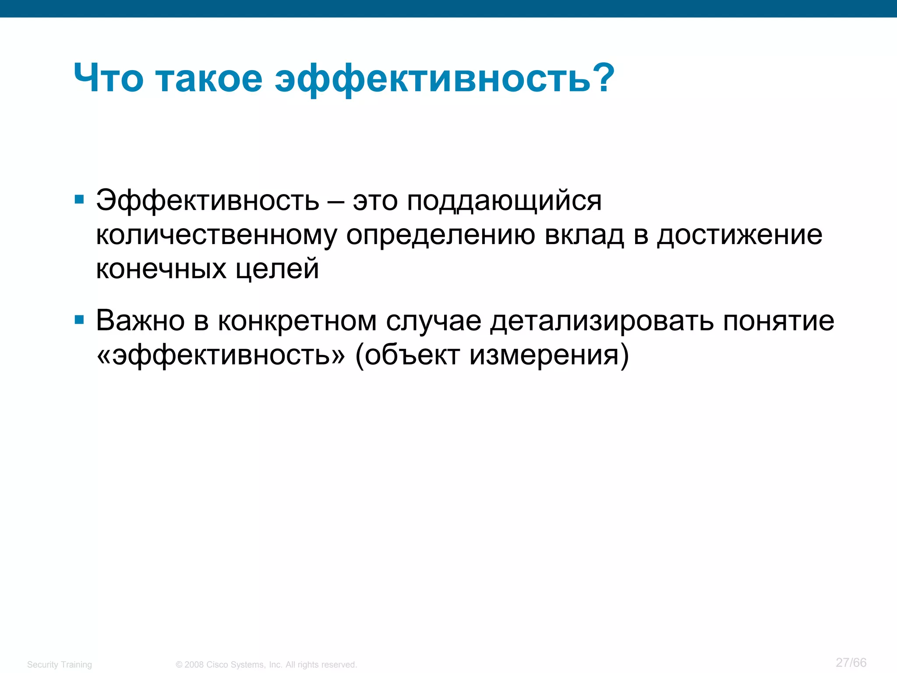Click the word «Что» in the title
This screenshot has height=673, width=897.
point(108,79)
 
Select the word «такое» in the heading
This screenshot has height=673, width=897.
point(209,79)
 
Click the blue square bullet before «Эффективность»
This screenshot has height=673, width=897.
point(79,200)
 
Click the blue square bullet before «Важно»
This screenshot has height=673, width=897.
point(79,320)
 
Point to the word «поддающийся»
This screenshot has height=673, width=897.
point(504,202)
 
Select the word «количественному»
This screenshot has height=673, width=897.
point(216,236)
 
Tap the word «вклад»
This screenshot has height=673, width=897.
point(584,236)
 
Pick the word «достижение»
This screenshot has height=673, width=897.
point(739,236)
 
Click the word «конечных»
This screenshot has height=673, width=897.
point(161,269)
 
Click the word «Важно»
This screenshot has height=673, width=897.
point(140,321)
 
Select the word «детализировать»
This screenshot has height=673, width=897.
point(602,322)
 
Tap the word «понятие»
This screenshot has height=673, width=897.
point(779,322)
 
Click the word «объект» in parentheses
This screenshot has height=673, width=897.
point(412,355)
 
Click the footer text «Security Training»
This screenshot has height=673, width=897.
point(60,664)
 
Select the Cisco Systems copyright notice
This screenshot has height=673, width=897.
point(266,664)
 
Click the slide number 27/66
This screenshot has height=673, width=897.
point(851,662)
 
